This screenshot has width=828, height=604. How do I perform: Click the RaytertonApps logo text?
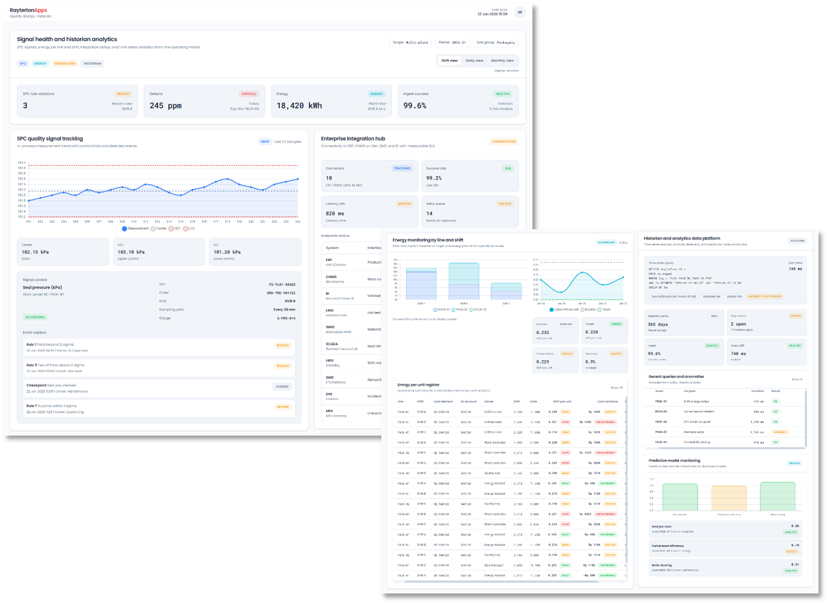point(28,10)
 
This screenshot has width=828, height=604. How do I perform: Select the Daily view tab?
point(474,61)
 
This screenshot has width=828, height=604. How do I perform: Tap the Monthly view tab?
point(502,61)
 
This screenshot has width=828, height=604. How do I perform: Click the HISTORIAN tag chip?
point(92,64)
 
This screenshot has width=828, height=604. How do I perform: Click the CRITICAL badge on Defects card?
point(249,94)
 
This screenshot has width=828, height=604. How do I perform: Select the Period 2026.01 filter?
point(452,43)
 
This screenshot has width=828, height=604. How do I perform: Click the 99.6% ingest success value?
point(414,106)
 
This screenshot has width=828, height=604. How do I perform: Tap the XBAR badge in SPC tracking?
point(265,141)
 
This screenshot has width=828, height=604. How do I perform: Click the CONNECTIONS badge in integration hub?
point(504,141)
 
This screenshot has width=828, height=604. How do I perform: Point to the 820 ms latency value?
point(335,213)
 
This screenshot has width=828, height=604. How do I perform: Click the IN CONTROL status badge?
point(35,317)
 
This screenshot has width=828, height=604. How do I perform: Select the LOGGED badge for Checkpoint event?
point(282,386)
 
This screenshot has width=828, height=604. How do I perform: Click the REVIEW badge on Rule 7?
point(283,407)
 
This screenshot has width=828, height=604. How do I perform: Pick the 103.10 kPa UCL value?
point(131,252)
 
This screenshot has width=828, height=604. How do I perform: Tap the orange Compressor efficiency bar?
point(729,498)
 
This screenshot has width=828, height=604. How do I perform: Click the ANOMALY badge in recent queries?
point(780,432)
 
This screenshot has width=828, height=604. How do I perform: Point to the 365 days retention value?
point(657,324)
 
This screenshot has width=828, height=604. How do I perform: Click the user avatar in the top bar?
point(519,12)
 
